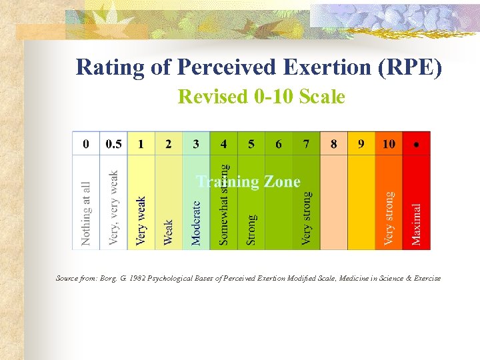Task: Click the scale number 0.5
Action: pyautogui.click(x=113, y=144)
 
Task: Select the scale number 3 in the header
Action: pyautogui.click(x=196, y=144)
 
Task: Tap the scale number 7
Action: pyautogui.click(x=306, y=144)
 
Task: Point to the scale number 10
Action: pyautogui.click(x=389, y=144)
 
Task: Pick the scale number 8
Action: pyautogui.click(x=333, y=144)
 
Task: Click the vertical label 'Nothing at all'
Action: pyautogui.click(x=86, y=213)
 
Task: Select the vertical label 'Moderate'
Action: pyautogui.click(x=196, y=223)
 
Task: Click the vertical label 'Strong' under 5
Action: pyautogui.click(x=251, y=229)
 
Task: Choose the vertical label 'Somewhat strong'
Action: pyautogui.click(x=224, y=204)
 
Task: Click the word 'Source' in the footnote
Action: pyautogui.click(x=67, y=278)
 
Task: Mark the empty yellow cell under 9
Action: pyautogui.click(x=361, y=203)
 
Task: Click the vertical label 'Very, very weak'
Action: pyautogui.click(x=113, y=207)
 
